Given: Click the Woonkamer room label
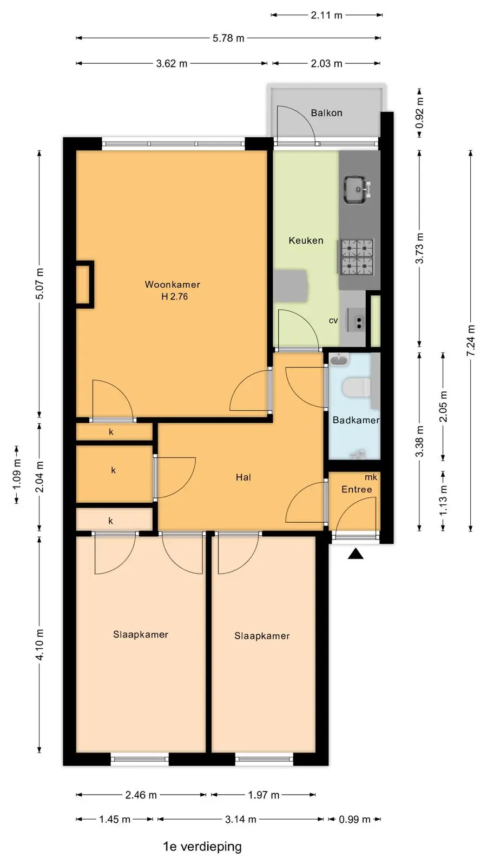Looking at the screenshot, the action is pyautogui.click(x=173, y=284).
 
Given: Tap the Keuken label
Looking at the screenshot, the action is pyautogui.click(x=306, y=241).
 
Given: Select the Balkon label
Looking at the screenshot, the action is pyautogui.click(x=327, y=113).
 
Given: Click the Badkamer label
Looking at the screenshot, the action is pyautogui.click(x=356, y=420).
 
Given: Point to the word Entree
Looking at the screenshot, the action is pyautogui.click(x=357, y=489).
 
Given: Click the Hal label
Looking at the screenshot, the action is pyautogui.click(x=243, y=477).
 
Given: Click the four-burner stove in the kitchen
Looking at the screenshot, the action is pyautogui.click(x=357, y=257).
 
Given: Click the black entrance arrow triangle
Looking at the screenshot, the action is pyautogui.click(x=356, y=555).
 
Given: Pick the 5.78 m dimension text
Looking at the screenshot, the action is pyautogui.click(x=228, y=38).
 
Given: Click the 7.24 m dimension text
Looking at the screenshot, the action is pyautogui.click(x=471, y=341).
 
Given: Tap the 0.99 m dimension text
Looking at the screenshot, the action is pyautogui.click(x=355, y=819).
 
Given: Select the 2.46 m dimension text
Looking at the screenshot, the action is pyautogui.click(x=141, y=795).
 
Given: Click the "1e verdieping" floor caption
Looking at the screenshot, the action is pyautogui.click(x=202, y=847).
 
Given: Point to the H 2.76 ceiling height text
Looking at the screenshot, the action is pyautogui.click(x=175, y=297).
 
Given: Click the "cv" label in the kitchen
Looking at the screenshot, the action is pyautogui.click(x=333, y=321).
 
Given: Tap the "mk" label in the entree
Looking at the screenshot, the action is pyautogui.click(x=371, y=477).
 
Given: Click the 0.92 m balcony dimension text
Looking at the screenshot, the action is pyautogui.click(x=420, y=112).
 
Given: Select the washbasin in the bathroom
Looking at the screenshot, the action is pyautogui.click(x=339, y=360).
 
